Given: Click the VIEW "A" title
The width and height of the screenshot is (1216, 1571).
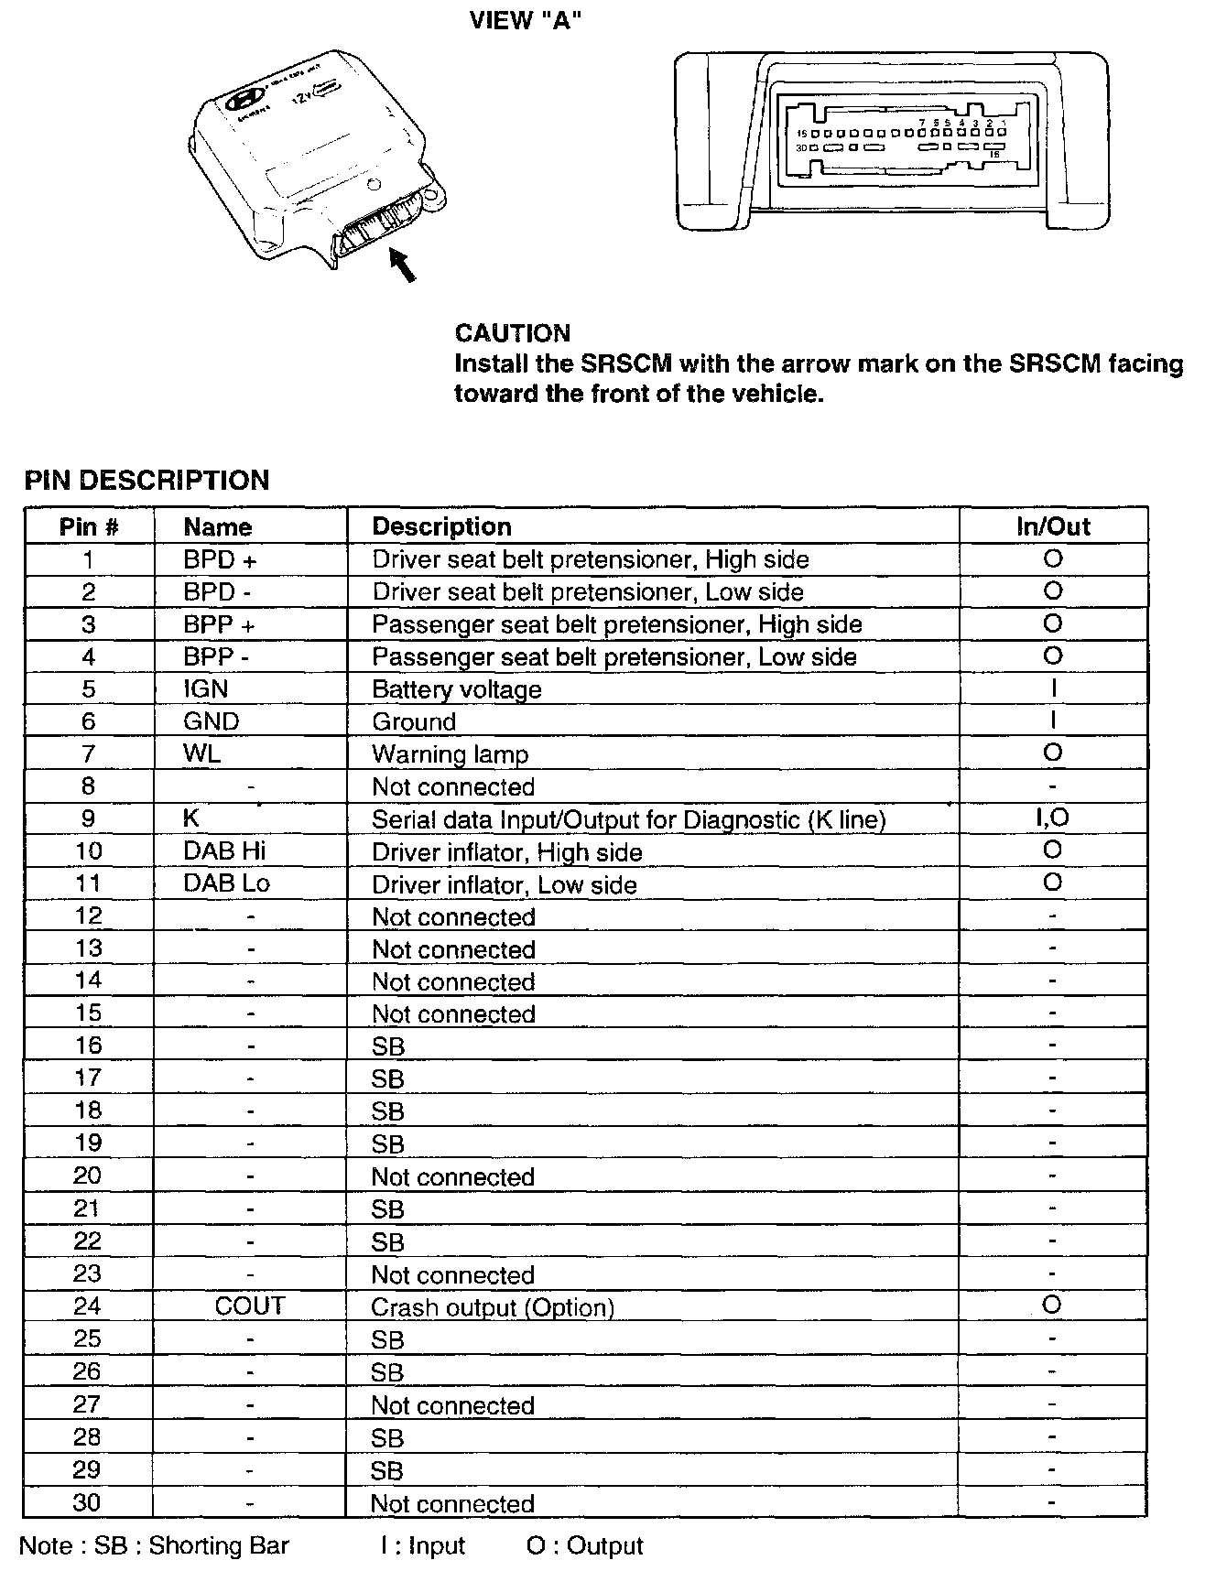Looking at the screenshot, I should [x=525, y=20].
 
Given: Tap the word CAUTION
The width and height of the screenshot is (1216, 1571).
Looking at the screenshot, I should [x=512, y=333].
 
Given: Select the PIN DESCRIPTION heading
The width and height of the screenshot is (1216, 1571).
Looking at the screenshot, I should [x=147, y=481].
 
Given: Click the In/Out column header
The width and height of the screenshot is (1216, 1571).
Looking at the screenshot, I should [x=1053, y=526].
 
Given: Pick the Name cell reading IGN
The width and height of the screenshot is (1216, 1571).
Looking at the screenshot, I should [x=205, y=688].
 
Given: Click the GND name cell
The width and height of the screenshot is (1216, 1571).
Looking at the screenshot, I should [x=211, y=721].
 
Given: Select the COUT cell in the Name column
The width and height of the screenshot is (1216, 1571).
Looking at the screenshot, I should [x=250, y=1306].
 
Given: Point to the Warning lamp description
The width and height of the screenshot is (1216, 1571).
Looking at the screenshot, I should [x=450, y=754].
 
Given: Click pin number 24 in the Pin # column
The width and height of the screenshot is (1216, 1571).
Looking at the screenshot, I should [x=88, y=1306].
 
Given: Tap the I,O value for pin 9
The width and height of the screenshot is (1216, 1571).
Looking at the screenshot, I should [x=1052, y=818].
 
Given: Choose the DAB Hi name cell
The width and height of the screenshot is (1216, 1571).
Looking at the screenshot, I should [x=224, y=851].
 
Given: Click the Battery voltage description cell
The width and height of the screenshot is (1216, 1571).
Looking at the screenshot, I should [x=456, y=689].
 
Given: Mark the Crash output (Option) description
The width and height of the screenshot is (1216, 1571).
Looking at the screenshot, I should [x=492, y=1307].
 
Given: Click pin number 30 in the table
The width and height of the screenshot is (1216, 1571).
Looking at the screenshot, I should [x=87, y=1501].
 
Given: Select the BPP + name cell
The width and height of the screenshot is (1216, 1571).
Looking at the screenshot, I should [x=219, y=624].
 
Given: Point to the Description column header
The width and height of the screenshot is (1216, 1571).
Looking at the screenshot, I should [x=441, y=526].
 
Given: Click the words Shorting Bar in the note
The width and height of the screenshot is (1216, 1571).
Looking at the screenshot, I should [x=219, y=1545].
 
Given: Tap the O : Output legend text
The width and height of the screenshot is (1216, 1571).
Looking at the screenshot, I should [x=584, y=1545].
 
